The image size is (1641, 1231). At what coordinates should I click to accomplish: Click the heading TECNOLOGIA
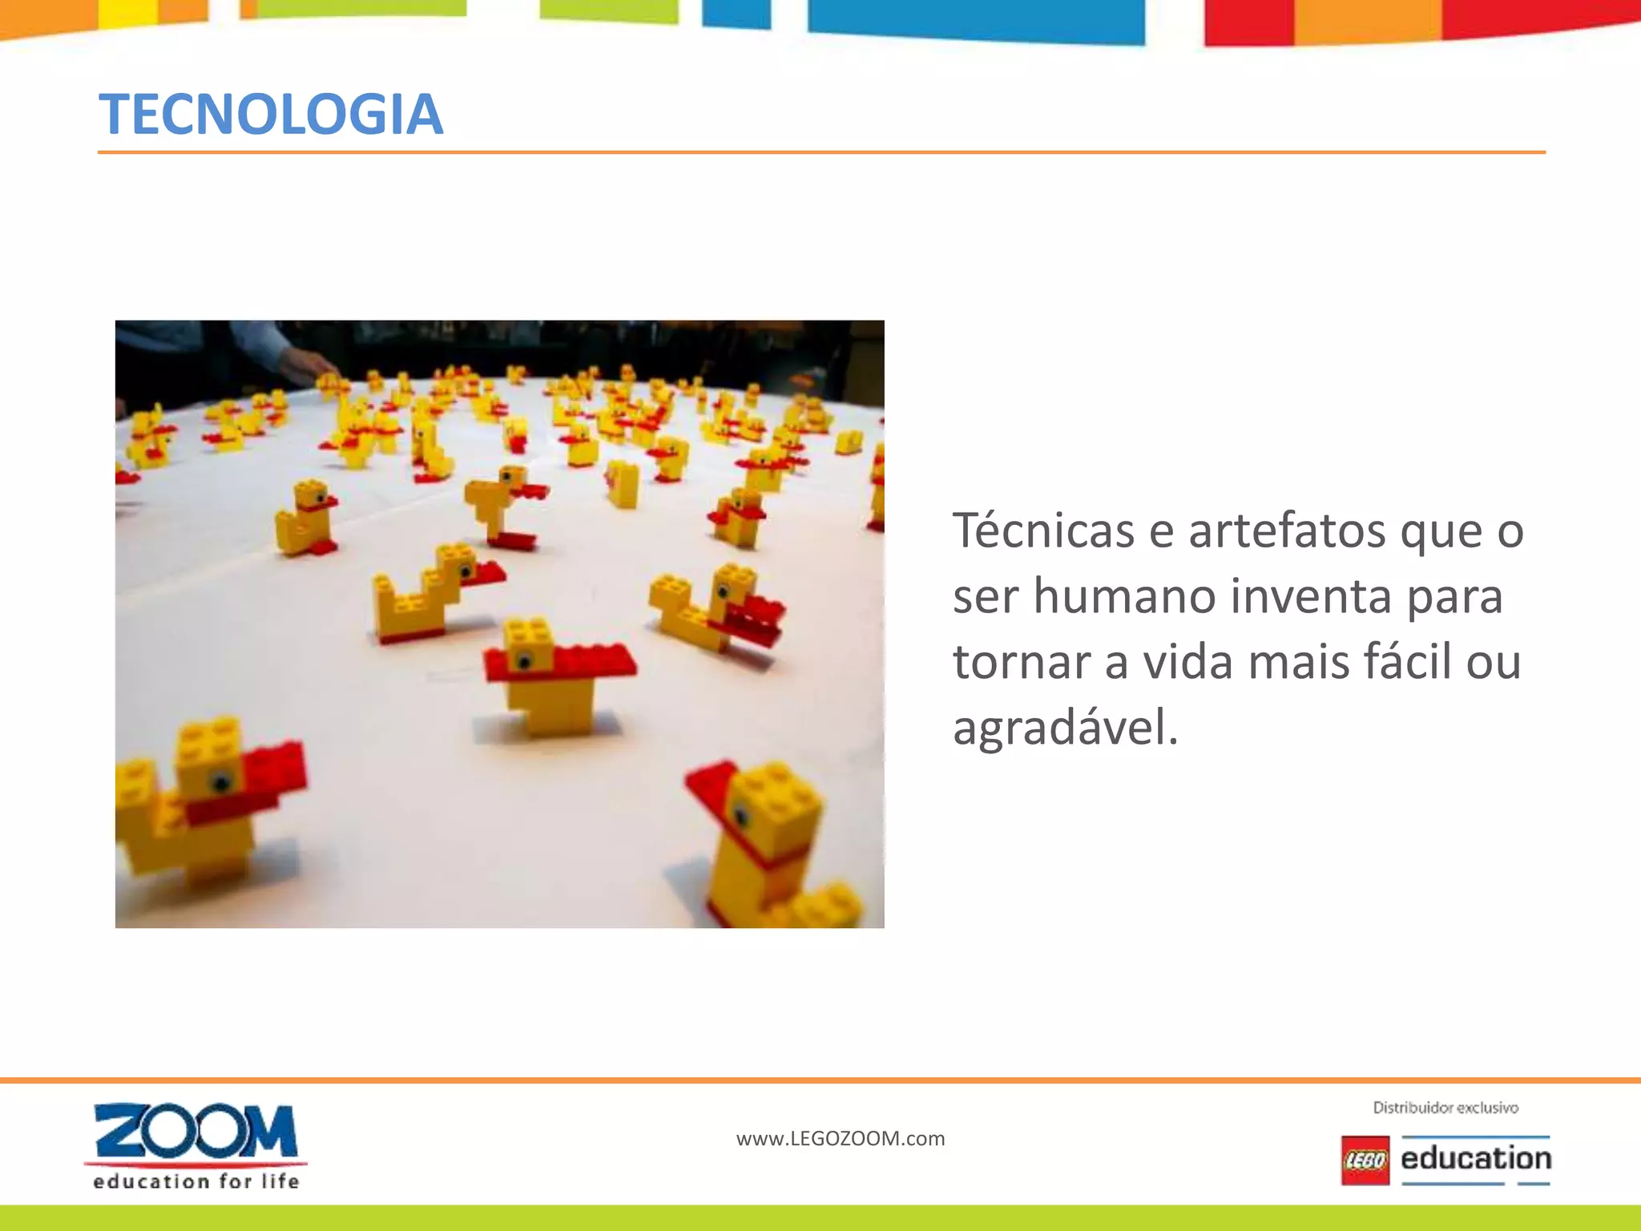click(x=271, y=114)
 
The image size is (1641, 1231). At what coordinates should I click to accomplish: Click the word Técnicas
click(x=1043, y=531)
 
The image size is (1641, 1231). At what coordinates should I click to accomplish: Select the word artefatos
click(x=1287, y=531)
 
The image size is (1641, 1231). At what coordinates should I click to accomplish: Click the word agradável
click(x=1065, y=729)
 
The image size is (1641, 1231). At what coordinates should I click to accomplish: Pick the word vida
click(x=1188, y=663)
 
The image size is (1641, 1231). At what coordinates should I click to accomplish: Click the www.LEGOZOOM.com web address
click(x=841, y=1139)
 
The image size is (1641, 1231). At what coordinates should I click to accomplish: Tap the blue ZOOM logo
click(x=196, y=1131)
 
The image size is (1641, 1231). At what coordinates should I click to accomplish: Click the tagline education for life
click(x=196, y=1181)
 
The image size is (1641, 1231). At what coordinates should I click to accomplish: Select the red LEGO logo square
click(x=1365, y=1160)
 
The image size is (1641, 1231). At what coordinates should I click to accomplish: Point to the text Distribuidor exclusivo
click(x=1445, y=1108)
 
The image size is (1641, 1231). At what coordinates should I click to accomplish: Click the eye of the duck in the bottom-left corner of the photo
click(x=221, y=781)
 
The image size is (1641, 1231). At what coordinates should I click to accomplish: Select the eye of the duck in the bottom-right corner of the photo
click(x=741, y=817)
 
